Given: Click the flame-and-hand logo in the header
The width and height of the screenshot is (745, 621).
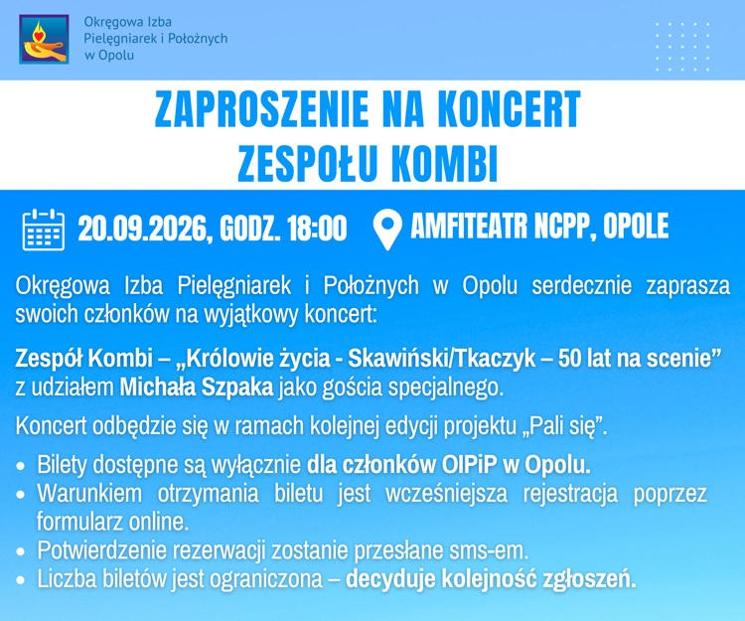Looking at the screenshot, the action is pyautogui.click(x=44, y=39).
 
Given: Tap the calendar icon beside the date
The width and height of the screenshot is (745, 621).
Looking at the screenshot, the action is pyautogui.click(x=44, y=230).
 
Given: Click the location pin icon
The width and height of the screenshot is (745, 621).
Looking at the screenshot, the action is pyautogui.click(x=387, y=230).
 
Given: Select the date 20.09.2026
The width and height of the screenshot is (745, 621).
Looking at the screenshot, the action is pyautogui.click(x=142, y=229).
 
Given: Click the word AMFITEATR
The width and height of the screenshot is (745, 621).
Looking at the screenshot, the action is pyautogui.click(x=470, y=226).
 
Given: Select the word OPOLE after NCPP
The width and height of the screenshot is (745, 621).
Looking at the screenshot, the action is pyautogui.click(x=636, y=226).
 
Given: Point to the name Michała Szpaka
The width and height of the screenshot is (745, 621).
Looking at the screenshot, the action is pyautogui.click(x=197, y=388).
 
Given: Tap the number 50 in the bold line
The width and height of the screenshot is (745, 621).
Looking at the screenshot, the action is pyautogui.click(x=569, y=359).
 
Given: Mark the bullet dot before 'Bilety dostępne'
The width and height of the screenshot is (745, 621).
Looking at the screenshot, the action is pyautogui.click(x=20, y=466).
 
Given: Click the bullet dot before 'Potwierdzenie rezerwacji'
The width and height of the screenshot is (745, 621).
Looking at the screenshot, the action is pyautogui.click(x=20, y=551).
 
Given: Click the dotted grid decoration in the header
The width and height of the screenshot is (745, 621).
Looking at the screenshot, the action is pyautogui.click(x=682, y=47).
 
